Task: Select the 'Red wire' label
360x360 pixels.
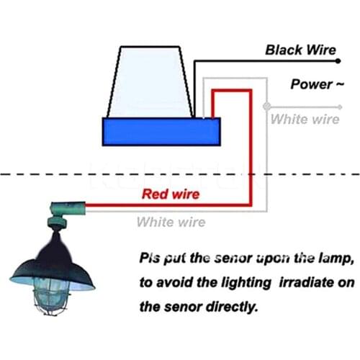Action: (x=171, y=194)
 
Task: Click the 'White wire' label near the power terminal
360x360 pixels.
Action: (x=305, y=119)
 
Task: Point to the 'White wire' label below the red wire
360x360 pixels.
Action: (x=171, y=222)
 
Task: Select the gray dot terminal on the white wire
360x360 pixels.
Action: (x=266, y=107)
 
